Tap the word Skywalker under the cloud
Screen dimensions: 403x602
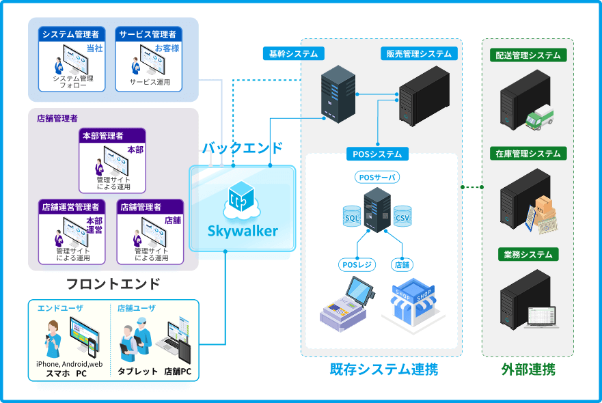[243, 231]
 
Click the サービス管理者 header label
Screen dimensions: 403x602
[148, 34]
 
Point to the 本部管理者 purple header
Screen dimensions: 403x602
[112, 136]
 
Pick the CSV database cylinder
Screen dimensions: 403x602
[402, 217]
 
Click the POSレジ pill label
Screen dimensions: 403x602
[357, 264]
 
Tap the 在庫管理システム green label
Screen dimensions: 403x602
[528, 154]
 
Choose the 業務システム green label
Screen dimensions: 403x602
[528, 255]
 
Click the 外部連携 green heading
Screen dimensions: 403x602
[528, 370]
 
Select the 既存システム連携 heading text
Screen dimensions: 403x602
[383, 370]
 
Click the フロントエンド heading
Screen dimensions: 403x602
[113, 283]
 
